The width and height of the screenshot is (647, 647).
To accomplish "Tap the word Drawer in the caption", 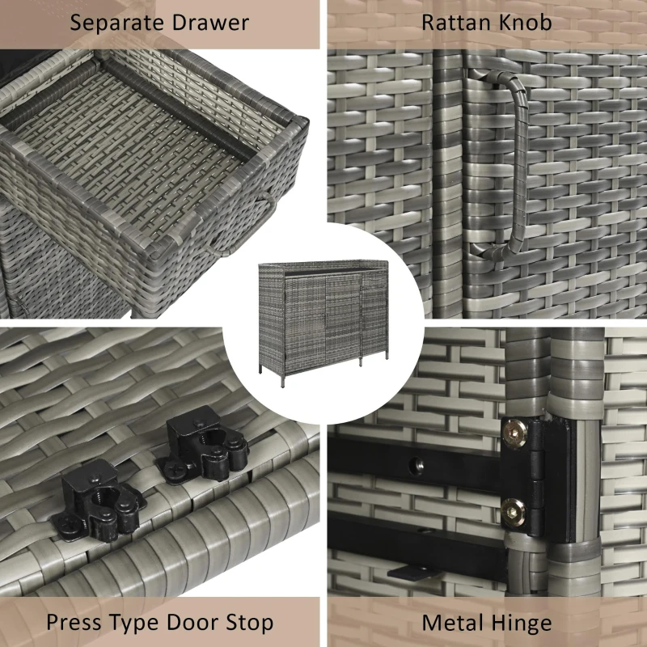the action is coord(210,23).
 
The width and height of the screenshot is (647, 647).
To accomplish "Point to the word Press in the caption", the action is coord(74,622).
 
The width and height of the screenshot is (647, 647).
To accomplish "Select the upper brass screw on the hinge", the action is coord(514,433).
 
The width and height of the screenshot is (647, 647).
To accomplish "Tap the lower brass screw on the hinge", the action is coord(514,513).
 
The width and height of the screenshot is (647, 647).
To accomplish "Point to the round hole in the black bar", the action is coord(416,466).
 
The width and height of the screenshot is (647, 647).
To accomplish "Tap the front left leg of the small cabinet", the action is coord(283,378).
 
